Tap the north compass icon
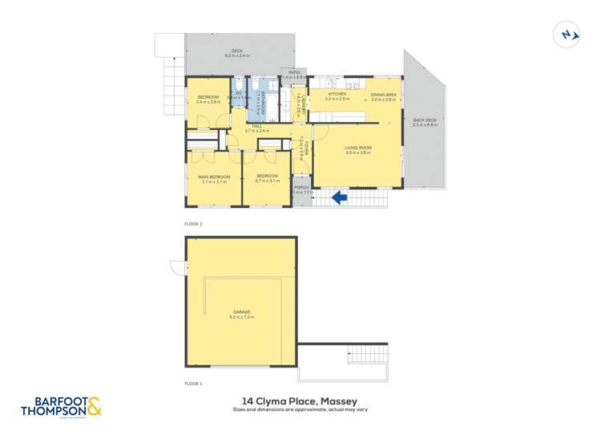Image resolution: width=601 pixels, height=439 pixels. pos(567,34)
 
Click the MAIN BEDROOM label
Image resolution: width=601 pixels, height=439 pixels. pos(214,178)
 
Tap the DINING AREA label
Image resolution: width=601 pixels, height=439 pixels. pos(384,96)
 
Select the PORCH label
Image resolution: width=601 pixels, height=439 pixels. pos(301,189)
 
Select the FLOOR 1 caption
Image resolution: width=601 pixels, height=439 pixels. pos(193,384)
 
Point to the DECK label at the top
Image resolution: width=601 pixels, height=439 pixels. pos(237,52)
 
